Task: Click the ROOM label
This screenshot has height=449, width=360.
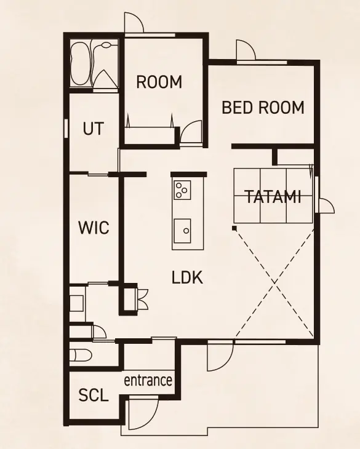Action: coord(159,82)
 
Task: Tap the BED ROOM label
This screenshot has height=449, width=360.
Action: coord(263,108)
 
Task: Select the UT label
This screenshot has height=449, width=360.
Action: coord(94,129)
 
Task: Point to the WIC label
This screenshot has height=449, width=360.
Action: coord(94,228)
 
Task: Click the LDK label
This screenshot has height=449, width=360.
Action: coord(188,277)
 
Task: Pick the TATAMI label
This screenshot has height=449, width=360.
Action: coord(273,197)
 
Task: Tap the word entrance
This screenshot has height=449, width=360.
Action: coord(148,380)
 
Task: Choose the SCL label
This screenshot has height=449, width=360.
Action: coord(94,395)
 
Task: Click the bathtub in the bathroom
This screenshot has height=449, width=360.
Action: coord(79,64)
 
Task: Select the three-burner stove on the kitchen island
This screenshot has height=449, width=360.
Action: coord(182,190)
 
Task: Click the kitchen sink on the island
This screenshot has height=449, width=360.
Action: coord(182,231)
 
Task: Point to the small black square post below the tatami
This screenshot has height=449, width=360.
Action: coord(234,228)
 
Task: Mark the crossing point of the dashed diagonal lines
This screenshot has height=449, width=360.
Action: coord(274,283)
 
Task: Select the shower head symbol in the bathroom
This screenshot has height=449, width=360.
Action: coord(106,45)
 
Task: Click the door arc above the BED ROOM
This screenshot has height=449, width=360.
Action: coord(246,49)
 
